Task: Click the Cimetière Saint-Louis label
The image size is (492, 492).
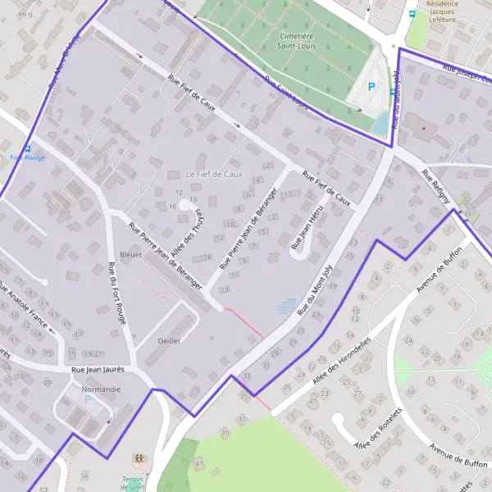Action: tap(297, 42)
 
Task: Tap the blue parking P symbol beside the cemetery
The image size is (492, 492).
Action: tap(371, 86)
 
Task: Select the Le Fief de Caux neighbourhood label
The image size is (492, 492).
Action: tap(215, 175)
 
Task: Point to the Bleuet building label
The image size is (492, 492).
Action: tap(131, 254)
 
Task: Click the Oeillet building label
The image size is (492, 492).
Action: tap(168, 339)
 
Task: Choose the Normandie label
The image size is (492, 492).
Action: tap(101, 389)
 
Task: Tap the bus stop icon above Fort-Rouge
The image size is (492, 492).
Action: tap(28, 148)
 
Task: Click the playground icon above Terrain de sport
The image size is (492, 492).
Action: tap(138, 458)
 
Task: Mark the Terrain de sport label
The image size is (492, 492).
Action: tap(131, 483)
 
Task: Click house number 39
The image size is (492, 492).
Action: tap(225, 432)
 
